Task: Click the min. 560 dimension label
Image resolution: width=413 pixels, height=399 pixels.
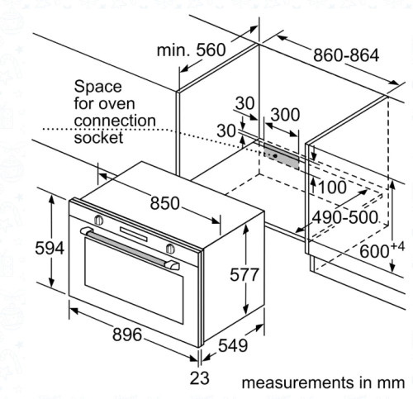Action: (x=191, y=50)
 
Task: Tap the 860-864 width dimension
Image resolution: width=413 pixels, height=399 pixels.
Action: (x=345, y=56)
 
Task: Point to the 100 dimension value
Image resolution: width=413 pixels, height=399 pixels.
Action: (x=332, y=188)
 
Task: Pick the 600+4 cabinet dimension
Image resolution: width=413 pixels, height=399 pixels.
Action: (x=383, y=248)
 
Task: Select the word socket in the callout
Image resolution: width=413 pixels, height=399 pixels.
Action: (x=98, y=138)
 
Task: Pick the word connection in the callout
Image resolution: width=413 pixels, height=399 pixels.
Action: (x=114, y=121)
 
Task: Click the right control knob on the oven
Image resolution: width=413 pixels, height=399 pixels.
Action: (x=170, y=248)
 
